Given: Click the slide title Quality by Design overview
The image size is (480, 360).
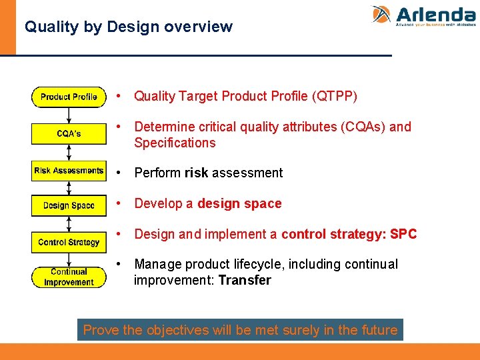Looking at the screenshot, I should click(128, 27).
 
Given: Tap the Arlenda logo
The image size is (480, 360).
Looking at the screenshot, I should click(423, 15).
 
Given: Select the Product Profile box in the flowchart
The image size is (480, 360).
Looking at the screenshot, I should click(69, 97).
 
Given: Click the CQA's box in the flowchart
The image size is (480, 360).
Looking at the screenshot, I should click(69, 134).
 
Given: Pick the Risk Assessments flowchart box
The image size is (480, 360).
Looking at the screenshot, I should click(69, 171).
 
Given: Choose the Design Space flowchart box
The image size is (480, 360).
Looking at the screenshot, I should click(69, 205).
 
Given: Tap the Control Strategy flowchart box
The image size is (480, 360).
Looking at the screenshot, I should click(69, 242).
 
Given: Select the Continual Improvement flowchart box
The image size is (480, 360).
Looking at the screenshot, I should click(69, 277).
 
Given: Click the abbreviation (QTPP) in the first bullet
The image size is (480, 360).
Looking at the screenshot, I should click(334, 97).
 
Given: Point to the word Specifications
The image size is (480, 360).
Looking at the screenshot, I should click(175, 143).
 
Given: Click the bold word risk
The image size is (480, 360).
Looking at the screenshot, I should click(196, 173).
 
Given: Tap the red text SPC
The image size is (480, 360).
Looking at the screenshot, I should click(403, 234).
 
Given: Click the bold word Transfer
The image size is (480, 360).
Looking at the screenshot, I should click(244, 280).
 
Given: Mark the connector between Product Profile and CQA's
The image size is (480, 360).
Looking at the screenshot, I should click(69, 115).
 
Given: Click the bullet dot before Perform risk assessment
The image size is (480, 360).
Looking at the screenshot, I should click(118, 173).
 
